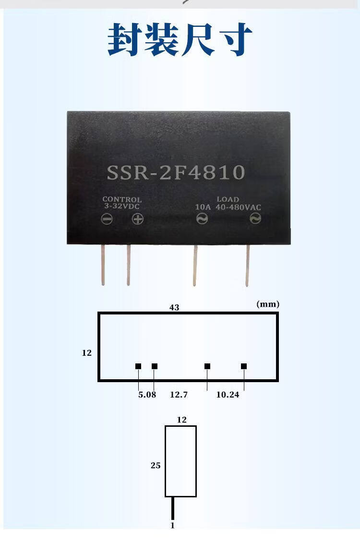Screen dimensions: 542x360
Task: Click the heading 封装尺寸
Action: point(180,40)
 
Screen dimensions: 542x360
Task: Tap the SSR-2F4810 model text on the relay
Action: point(176,172)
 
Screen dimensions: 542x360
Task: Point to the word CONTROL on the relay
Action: point(122,199)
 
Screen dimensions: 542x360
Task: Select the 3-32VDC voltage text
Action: point(122,206)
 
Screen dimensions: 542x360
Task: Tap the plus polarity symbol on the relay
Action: point(138,219)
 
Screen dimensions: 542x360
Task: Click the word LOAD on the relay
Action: point(228,199)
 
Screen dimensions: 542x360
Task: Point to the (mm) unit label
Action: point(268,304)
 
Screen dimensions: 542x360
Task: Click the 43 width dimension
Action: point(174,307)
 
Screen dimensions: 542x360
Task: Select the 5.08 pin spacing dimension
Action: point(147,395)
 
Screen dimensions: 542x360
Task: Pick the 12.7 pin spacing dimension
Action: point(179,395)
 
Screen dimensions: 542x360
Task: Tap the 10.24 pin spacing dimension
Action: point(228,395)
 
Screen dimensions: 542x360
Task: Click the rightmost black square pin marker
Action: point(244,366)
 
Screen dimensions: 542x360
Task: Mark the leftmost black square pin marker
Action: point(138,366)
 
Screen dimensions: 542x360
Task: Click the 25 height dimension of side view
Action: point(156,466)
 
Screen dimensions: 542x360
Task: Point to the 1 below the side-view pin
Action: point(172,526)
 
